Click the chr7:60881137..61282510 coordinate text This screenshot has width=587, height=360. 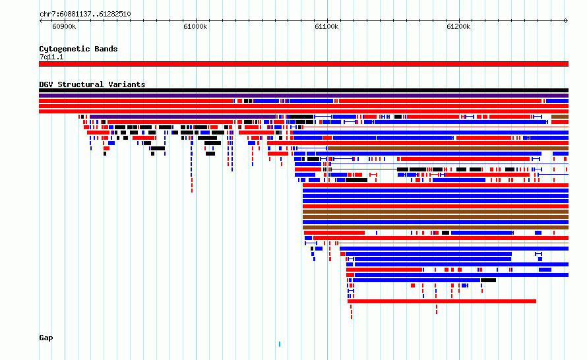tap(85, 15)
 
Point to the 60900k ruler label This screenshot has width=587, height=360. tap(64, 26)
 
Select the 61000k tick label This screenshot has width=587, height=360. tap(195, 26)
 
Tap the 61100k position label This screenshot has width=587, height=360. tap(327, 26)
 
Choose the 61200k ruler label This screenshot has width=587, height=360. tap(458, 26)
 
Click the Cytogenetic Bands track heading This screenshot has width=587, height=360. tap(78, 49)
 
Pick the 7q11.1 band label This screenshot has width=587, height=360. tap(51, 57)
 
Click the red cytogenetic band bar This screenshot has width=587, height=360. tap(303, 64)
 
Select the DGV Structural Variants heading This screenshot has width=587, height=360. tap(92, 84)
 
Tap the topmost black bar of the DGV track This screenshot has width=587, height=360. tap(303, 90)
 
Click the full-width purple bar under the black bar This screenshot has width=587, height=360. tap(303, 96)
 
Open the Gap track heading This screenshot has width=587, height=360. tap(46, 338)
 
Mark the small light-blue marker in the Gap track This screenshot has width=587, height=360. tap(280, 344)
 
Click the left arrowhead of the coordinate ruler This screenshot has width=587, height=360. tap(40, 21)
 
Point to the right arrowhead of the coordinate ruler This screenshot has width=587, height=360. tap(567, 21)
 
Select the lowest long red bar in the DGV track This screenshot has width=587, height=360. tap(442, 301)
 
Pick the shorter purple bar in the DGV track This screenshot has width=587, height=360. tap(183, 117)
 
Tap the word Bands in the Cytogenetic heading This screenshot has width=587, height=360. tap(106, 49)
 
